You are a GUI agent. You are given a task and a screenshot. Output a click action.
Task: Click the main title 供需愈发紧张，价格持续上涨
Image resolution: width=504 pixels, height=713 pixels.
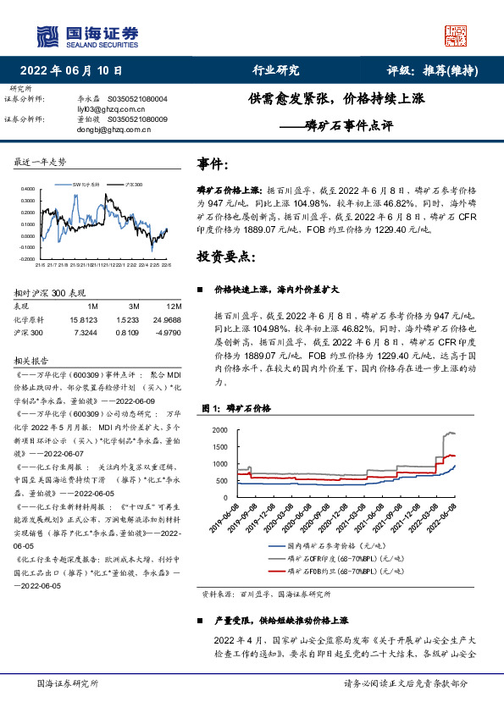pos(335,98)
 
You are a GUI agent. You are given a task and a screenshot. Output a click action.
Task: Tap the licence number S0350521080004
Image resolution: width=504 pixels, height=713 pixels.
pos(138,99)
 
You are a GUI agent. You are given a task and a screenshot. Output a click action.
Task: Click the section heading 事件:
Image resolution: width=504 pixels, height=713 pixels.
pos(212,164)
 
